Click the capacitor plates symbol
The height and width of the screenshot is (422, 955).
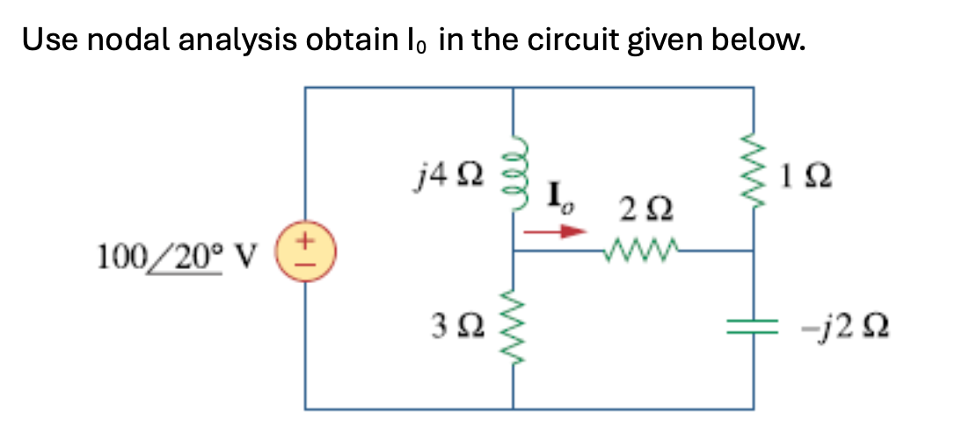[x=754, y=326]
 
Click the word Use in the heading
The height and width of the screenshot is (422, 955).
[x=44, y=40]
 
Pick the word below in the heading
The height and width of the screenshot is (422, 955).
[x=755, y=40]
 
